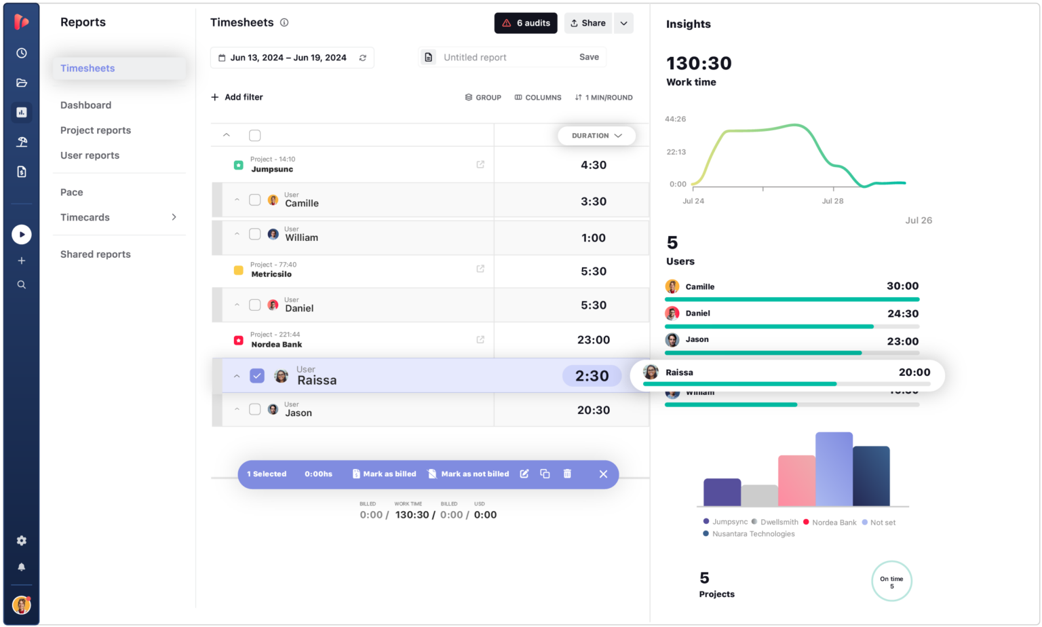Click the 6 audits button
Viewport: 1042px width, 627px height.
[526, 23]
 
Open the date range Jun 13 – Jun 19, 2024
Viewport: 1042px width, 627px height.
[288, 58]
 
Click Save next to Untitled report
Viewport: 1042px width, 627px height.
[588, 57]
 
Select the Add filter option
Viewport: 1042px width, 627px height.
[237, 97]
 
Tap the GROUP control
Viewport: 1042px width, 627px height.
[483, 98]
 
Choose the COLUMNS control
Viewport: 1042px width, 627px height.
[538, 98]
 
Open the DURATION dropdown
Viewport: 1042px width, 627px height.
[596, 136]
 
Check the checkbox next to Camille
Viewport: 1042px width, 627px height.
[255, 200]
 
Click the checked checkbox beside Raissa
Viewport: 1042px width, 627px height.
[257, 376]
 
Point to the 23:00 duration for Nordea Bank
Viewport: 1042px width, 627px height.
[593, 340]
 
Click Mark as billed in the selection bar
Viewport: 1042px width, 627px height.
[384, 474]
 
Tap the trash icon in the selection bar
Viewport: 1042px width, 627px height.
[567, 474]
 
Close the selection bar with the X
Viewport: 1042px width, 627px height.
[603, 474]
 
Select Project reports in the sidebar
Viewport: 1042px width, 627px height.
[96, 130]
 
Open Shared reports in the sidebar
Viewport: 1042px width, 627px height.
[96, 254]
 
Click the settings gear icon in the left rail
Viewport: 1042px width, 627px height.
[22, 541]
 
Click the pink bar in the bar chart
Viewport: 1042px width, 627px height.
[796, 480]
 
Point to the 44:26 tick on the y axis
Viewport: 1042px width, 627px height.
[675, 119]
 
